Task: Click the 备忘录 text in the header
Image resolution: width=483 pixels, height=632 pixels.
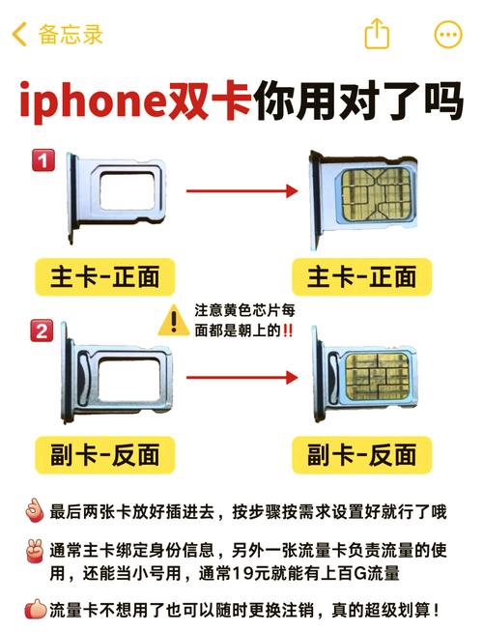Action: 70,36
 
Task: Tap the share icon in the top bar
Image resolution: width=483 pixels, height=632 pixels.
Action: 377,35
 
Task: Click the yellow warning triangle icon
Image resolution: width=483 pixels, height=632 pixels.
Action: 174,319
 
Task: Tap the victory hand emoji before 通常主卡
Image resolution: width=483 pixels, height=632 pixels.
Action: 32,552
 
